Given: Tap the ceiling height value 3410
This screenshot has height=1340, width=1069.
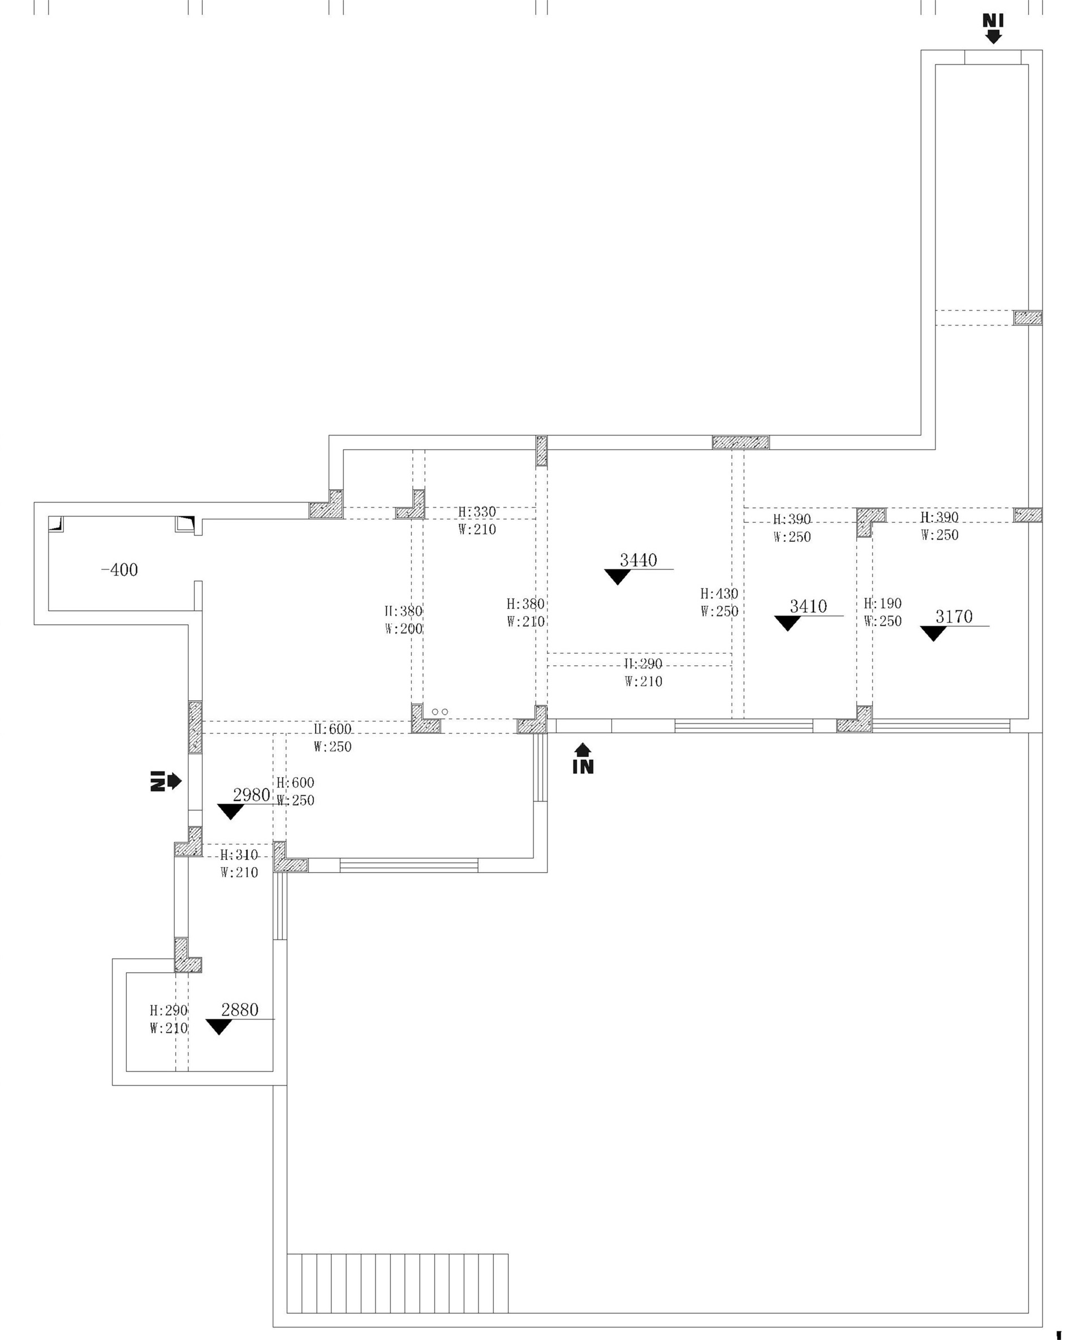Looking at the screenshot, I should (x=808, y=606).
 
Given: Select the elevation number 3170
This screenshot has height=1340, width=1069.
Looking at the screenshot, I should (x=954, y=617).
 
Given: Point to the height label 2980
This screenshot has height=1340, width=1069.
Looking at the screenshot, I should (x=251, y=795).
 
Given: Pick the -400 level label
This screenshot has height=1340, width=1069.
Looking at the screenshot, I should (x=119, y=569).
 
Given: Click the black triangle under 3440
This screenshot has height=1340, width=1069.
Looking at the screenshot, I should (x=617, y=577).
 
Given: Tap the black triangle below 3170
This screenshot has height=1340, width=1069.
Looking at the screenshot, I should (x=933, y=634).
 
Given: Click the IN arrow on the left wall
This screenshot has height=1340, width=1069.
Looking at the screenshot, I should (x=165, y=781).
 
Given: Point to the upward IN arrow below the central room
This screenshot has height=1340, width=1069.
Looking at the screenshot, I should (x=583, y=759).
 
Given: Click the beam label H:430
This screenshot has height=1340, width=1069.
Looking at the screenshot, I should (x=719, y=593).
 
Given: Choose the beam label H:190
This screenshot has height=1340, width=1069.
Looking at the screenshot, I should (x=882, y=604).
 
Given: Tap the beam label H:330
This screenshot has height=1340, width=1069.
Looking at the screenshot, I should (x=477, y=512).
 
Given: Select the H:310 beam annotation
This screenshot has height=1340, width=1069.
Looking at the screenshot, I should (x=239, y=855).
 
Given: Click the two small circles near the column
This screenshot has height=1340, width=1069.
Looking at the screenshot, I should (x=439, y=712).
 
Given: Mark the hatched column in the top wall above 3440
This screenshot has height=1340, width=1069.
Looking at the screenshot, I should (x=740, y=442).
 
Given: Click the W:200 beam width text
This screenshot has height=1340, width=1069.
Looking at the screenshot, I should (x=403, y=628).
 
